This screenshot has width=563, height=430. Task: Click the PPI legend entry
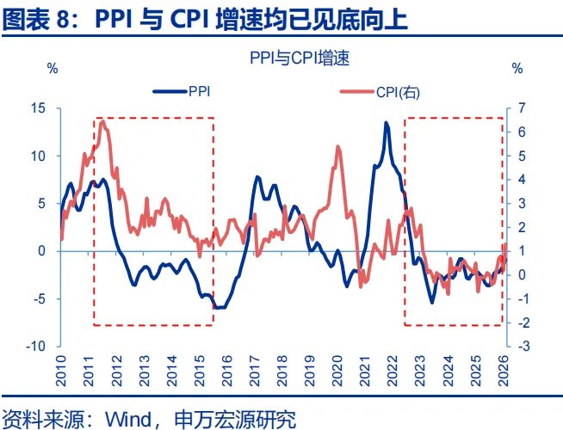tap(200, 89)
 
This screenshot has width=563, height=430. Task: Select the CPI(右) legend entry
tap(396, 89)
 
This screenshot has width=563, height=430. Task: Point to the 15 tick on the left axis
tap(38, 108)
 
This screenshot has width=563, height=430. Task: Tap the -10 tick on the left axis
tap(34, 346)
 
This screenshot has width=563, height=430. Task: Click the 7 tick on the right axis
tap(518, 108)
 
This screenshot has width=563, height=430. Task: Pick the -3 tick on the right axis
tap(518, 346)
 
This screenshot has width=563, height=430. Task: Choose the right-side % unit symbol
tap(517, 68)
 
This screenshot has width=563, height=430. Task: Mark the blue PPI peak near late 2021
tap(386, 123)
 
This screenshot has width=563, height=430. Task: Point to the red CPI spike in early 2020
tap(337, 147)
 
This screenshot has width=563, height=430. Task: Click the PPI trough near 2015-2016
tap(219, 307)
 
